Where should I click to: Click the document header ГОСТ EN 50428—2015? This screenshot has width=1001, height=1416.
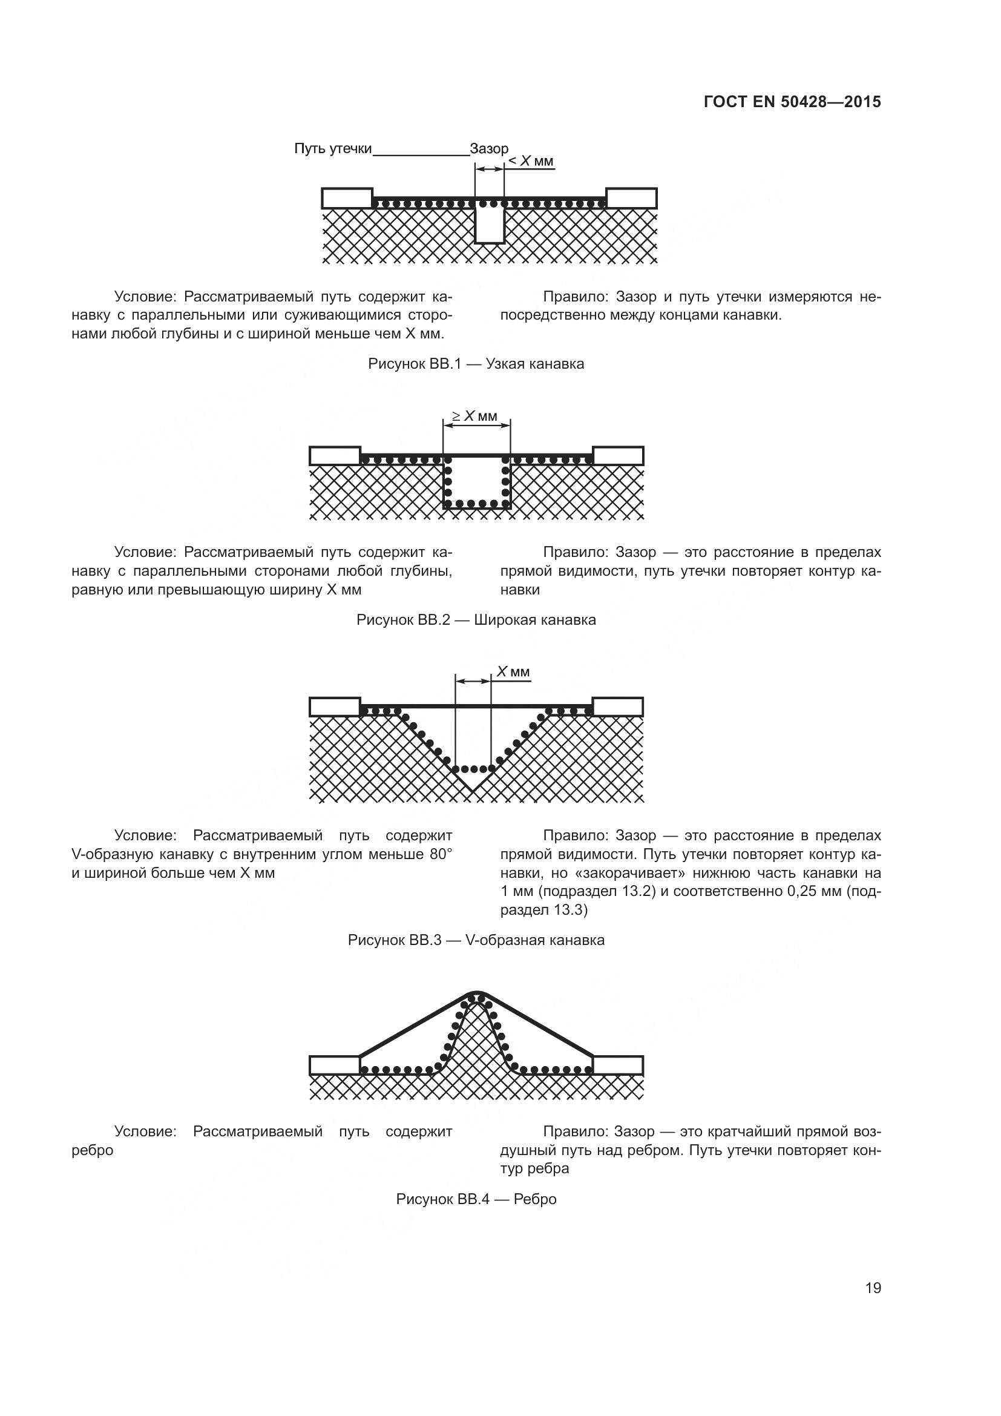pos(792,102)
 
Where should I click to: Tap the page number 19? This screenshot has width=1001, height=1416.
pos(873,1288)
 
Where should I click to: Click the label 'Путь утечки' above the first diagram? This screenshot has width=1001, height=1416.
pos(333,149)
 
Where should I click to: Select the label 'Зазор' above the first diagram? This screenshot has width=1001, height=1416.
pos(489,149)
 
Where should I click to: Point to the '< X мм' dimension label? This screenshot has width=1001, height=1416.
pos(531,162)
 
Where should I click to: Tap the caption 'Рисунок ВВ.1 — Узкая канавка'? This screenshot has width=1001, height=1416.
pos(476,364)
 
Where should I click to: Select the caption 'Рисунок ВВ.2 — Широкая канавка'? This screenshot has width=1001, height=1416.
pos(476,620)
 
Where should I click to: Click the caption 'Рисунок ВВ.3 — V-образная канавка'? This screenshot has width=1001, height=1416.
pos(476,940)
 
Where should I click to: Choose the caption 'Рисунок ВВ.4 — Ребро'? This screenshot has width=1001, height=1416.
pos(476,1199)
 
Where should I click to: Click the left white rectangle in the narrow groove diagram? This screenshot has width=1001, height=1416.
pos(347,198)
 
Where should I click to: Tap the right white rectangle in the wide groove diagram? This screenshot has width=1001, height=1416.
pos(619,456)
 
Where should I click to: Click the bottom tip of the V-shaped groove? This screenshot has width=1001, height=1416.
pos(472,791)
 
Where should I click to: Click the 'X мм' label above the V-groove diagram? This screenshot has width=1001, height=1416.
pos(513,671)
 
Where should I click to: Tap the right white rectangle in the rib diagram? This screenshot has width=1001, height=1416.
pos(619,1065)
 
